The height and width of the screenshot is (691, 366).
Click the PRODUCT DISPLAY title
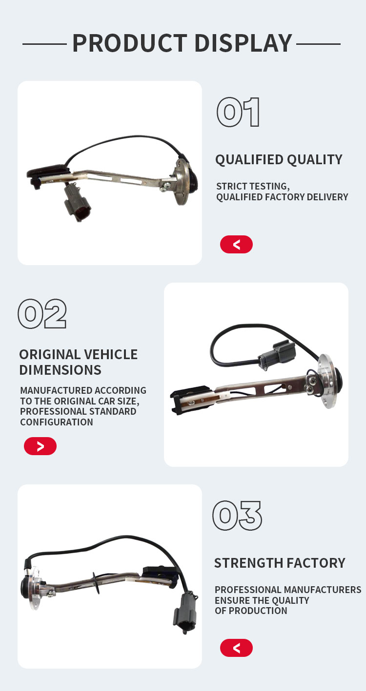tap(182, 43)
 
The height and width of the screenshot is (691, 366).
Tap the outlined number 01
tap(238, 112)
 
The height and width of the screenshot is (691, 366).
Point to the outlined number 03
tap(237, 516)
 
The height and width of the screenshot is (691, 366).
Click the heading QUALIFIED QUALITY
tap(279, 160)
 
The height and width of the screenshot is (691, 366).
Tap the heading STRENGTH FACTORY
tap(280, 563)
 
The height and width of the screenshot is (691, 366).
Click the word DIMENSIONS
tap(60, 370)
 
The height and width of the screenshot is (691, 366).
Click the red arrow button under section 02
tap(40, 446)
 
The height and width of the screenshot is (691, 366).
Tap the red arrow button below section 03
tap(236, 648)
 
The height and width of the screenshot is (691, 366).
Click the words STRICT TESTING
tap(253, 186)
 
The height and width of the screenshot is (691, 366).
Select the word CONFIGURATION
tap(57, 422)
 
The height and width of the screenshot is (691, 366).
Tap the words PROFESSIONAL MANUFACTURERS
tap(288, 590)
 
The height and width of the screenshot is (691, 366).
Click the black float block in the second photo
tap(188, 400)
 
